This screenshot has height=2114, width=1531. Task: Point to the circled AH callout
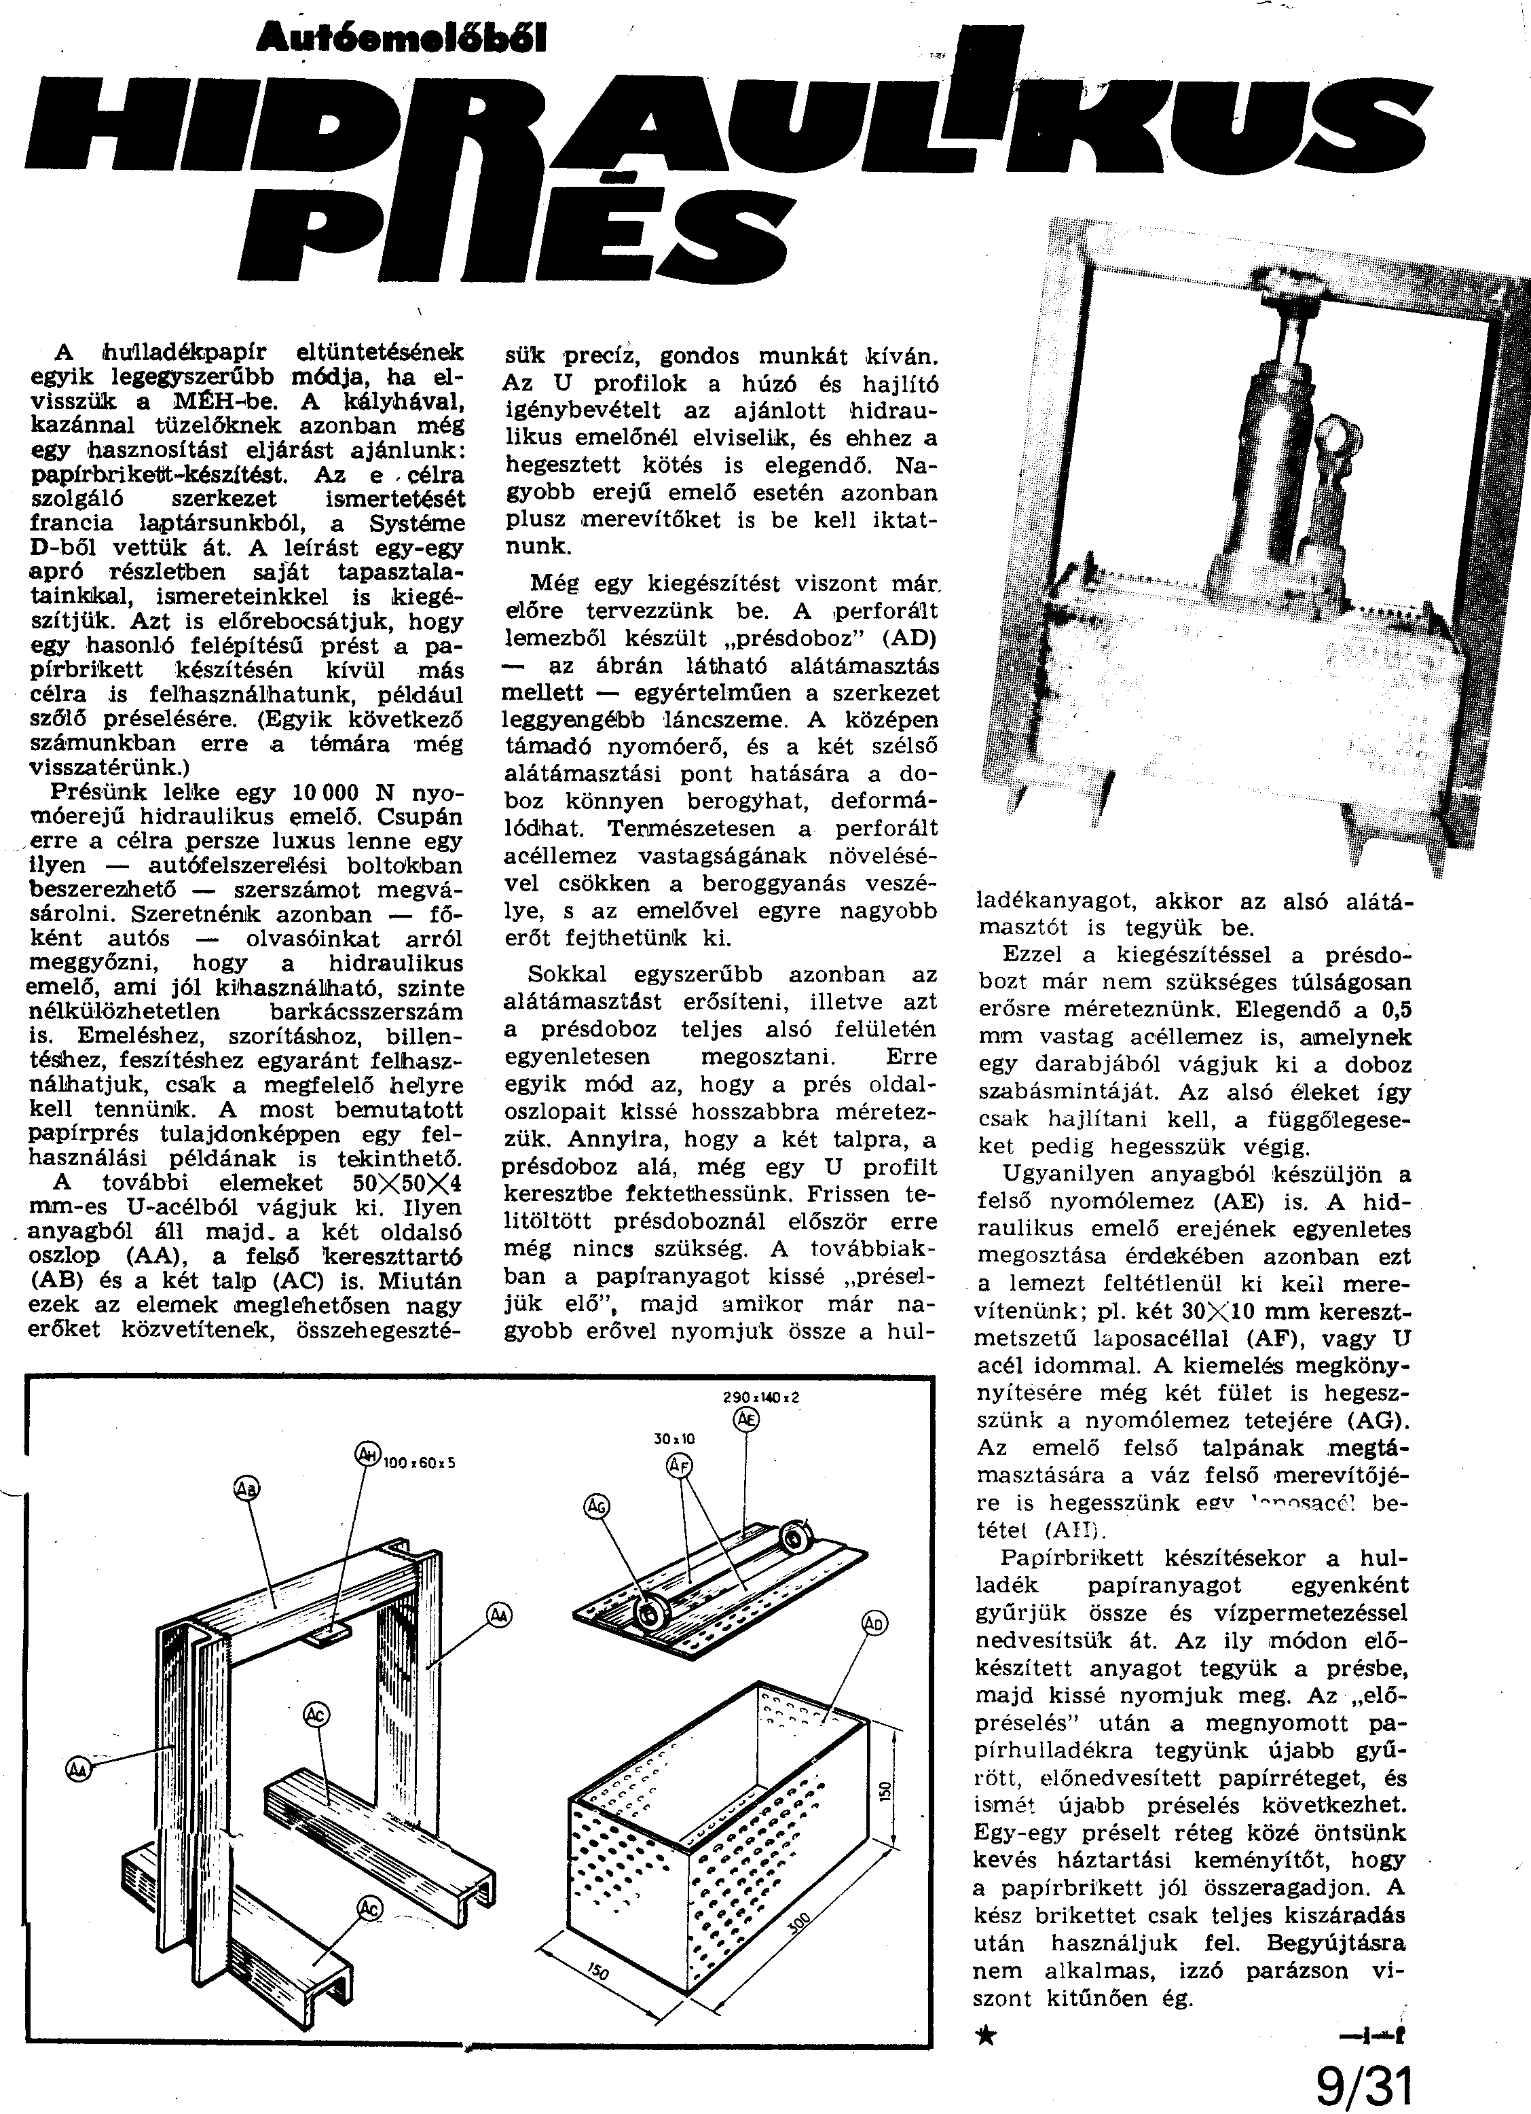[x=368, y=1454]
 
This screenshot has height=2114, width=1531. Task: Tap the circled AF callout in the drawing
[x=680, y=1467]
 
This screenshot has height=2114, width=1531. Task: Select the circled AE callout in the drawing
[x=746, y=1420]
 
